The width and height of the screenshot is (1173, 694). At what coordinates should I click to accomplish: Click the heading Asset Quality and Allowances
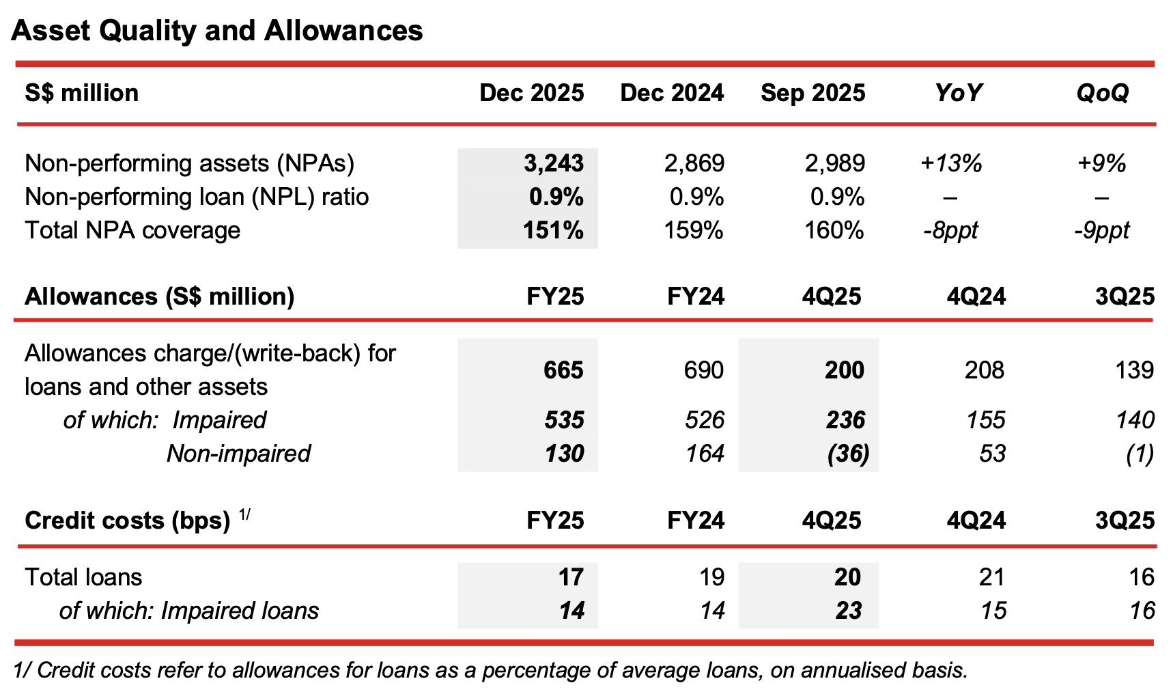pos(217,31)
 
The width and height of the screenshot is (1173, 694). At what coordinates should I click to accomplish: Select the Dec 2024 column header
pos(672,93)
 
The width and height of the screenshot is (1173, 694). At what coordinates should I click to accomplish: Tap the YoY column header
pos(958,93)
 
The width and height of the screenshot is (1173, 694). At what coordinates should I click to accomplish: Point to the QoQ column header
pos(1102,93)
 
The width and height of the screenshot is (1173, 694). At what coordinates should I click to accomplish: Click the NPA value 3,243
pos(553,163)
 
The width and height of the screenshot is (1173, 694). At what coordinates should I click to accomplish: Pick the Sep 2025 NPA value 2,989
pos(834,163)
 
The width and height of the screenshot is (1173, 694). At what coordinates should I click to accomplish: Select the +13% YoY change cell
pos(951,163)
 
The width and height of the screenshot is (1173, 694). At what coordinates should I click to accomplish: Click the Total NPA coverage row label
pos(132,230)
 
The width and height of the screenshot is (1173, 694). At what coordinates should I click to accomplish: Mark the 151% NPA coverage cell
pos(553,230)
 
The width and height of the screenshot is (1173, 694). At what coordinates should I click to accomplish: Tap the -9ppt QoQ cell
pos(1101,230)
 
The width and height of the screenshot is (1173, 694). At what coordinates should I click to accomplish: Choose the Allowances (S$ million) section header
pos(160,296)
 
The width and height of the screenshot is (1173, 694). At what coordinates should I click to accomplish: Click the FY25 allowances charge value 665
pos(563,370)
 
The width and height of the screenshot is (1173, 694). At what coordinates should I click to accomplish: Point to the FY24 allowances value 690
pos(703,370)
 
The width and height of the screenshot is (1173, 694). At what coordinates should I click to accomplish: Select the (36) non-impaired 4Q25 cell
pos(848,454)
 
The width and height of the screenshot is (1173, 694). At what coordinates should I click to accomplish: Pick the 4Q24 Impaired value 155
pos(985,420)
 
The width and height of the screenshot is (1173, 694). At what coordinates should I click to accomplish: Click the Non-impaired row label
pos(239,454)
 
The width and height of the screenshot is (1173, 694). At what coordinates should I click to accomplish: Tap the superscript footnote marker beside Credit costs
pos(244,514)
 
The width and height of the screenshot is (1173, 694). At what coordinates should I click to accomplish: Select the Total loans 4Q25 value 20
pos(847,577)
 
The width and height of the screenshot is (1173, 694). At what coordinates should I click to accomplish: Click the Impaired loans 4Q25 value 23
pos(848,611)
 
